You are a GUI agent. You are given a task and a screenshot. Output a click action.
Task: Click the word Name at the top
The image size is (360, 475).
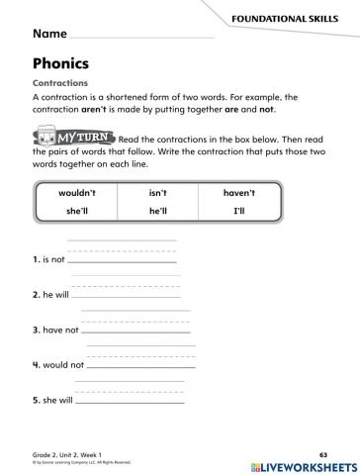coord(51,34)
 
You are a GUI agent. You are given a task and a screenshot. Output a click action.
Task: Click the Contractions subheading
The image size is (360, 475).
coord(60,83)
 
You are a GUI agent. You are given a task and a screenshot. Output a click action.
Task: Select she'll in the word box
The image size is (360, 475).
coord(78,212)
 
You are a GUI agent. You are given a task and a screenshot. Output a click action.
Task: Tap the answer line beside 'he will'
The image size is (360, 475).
coord(127,295)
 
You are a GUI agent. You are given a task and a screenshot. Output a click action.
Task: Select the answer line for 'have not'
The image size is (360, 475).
coord(135,330)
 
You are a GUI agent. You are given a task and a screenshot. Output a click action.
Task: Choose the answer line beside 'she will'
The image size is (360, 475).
coord(130,401)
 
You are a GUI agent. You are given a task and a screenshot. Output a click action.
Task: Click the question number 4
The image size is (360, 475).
coord(36,364)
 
